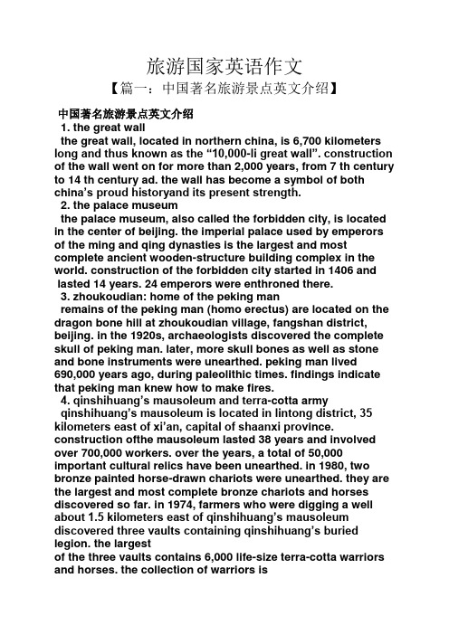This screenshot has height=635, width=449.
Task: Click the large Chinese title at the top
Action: [224, 65]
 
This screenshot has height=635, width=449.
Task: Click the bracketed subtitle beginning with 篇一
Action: [224, 90]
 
